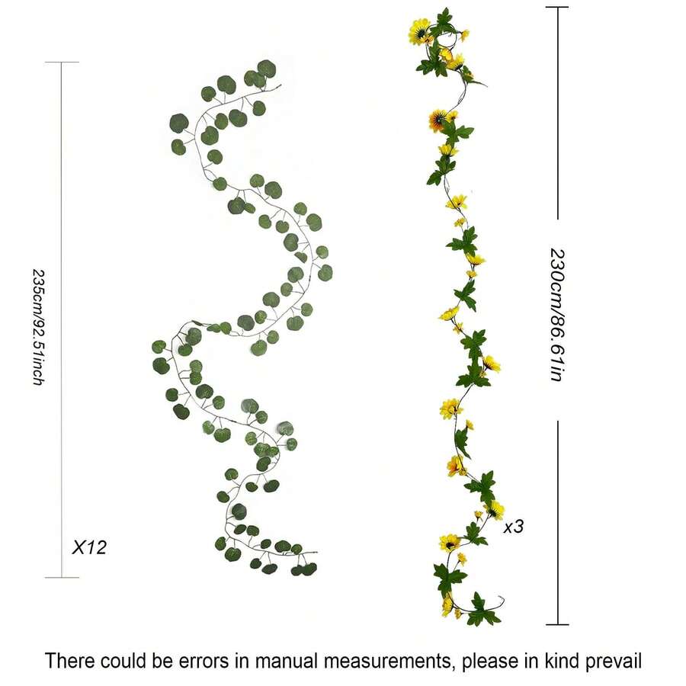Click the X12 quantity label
[x=88, y=547]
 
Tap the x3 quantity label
[x=514, y=526]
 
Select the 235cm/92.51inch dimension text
[x=37, y=325]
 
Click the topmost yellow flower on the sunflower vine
[x=418, y=31]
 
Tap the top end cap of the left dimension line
[x=61, y=63]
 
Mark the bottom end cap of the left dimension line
[x=61, y=578]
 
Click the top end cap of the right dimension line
[x=557, y=7]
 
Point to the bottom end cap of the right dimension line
[x=557, y=625]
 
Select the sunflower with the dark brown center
[x=438, y=120]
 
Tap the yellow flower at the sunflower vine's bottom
[x=447, y=605]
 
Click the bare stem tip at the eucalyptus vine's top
[x=279, y=86]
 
